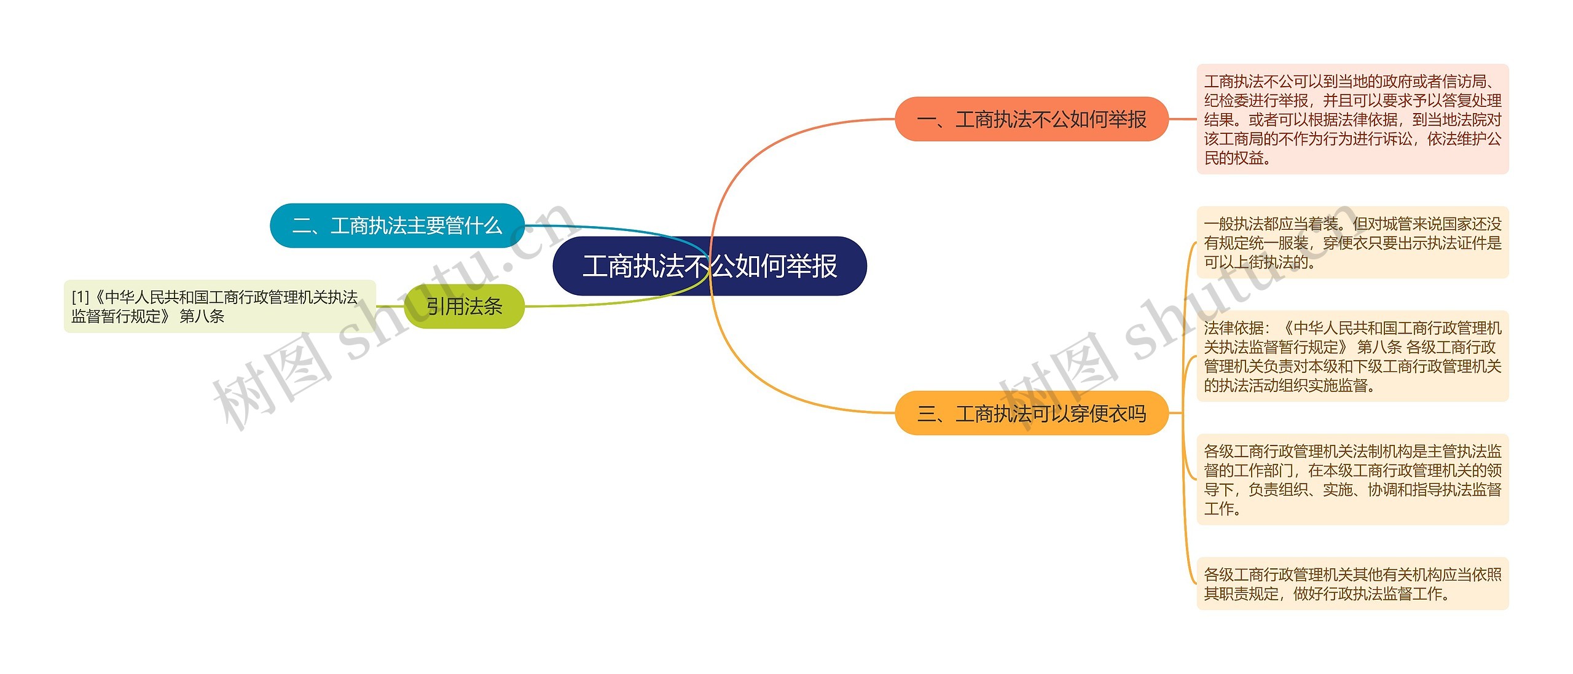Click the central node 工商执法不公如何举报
[x=710, y=266]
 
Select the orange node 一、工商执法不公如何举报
[x=1031, y=119]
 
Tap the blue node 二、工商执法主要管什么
[x=397, y=225]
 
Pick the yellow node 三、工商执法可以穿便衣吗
[x=1031, y=413]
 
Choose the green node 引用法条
[x=464, y=306]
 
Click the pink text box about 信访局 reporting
[x=1352, y=119]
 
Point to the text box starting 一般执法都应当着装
[x=1352, y=243]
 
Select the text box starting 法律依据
[x=1352, y=356]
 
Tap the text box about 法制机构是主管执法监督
[x=1352, y=480]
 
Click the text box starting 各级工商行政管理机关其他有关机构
[x=1352, y=584]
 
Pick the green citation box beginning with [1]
[x=219, y=307]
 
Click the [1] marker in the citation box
[x=80, y=297]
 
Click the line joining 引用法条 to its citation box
[x=390, y=306]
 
